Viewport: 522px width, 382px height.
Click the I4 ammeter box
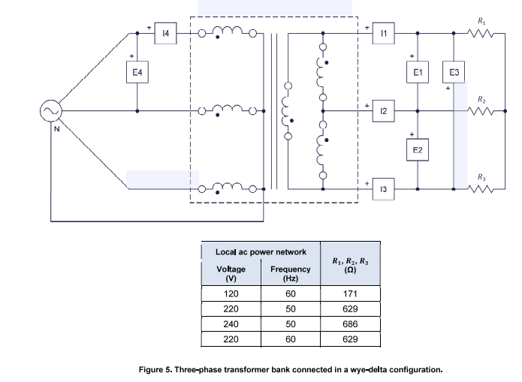[165, 33]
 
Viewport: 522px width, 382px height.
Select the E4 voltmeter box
[137, 72]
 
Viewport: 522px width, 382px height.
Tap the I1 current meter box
[384, 33]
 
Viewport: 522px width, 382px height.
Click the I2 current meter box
[384, 111]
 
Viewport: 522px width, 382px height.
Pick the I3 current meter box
[384, 189]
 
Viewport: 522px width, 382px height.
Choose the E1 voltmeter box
[418, 72]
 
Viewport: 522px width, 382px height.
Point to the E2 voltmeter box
[418, 150]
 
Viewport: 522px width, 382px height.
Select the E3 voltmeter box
[454, 72]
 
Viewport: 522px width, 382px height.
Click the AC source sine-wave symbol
[51, 111]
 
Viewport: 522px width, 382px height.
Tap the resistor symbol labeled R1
[481, 33]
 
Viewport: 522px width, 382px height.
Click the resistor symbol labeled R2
[481, 111]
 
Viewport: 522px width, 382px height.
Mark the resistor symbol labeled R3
[481, 189]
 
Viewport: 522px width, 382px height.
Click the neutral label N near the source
[56, 129]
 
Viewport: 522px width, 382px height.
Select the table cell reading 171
[350, 293]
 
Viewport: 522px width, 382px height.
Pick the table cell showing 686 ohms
[350, 323]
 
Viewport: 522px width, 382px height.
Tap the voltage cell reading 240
[231, 323]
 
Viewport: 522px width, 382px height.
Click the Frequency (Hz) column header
[291, 273]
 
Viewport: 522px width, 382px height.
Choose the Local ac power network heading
[261, 252]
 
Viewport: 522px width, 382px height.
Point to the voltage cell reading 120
[231, 293]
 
